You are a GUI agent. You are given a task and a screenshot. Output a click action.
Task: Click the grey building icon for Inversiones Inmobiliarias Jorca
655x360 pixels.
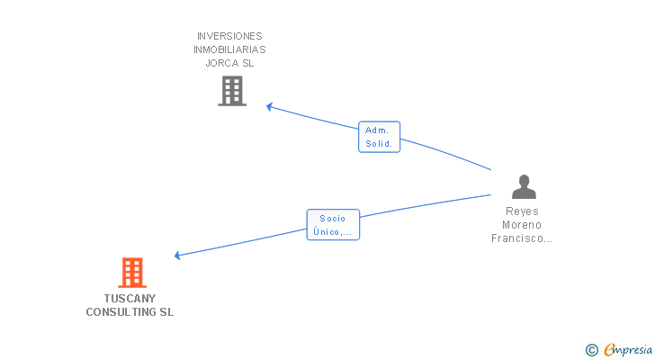point(231,90)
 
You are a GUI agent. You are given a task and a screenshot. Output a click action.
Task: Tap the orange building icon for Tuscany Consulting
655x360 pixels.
point(131,272)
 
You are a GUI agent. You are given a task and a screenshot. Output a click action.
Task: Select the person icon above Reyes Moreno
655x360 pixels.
point(524,187)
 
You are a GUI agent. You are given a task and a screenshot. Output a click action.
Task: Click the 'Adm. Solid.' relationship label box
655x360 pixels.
point(379,137)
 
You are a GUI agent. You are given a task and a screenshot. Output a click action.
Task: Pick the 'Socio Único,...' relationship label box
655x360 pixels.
point(333,225)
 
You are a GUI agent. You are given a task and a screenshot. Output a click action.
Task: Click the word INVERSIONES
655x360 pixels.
point(229,36)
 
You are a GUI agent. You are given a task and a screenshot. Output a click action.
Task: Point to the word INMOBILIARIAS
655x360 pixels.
point(229,49)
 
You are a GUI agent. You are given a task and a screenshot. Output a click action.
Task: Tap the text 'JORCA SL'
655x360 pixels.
point(229,63)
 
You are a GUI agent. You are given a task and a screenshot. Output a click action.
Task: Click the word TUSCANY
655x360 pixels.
point(130,298)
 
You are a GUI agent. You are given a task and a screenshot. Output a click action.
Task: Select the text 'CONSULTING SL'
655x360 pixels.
point(130,312)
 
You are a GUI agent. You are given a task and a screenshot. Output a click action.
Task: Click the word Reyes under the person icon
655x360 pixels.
point(523,211)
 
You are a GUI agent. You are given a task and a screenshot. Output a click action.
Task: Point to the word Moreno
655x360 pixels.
point(523,225)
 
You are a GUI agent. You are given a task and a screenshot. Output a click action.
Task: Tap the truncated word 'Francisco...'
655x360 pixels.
point(523,238)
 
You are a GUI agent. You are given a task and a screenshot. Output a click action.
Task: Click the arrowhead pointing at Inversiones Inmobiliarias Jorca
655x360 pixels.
point(269,106)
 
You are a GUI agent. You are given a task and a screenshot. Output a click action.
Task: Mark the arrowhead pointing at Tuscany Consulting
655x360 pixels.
point(177,256)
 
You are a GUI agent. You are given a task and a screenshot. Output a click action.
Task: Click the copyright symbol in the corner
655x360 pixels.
point(591,349)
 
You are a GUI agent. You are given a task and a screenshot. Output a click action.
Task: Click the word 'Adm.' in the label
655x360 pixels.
point(376,130)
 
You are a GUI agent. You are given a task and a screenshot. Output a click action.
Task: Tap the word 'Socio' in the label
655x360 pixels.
point(332,218)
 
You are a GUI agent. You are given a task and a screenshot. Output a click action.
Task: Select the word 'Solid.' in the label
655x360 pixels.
point(379,144)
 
